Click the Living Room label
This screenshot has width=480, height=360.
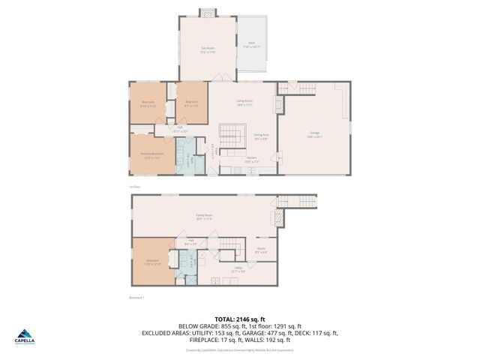(x=244, y=103)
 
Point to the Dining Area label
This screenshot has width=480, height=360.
(x=262, y=137)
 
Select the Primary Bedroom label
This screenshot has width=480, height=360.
(x=152, y=156)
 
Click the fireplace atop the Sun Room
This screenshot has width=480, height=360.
(x=206, y=13)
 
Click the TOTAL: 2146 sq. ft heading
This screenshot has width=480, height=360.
(x=240, y=319)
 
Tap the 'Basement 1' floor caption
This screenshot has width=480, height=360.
(x=136, y=297)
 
